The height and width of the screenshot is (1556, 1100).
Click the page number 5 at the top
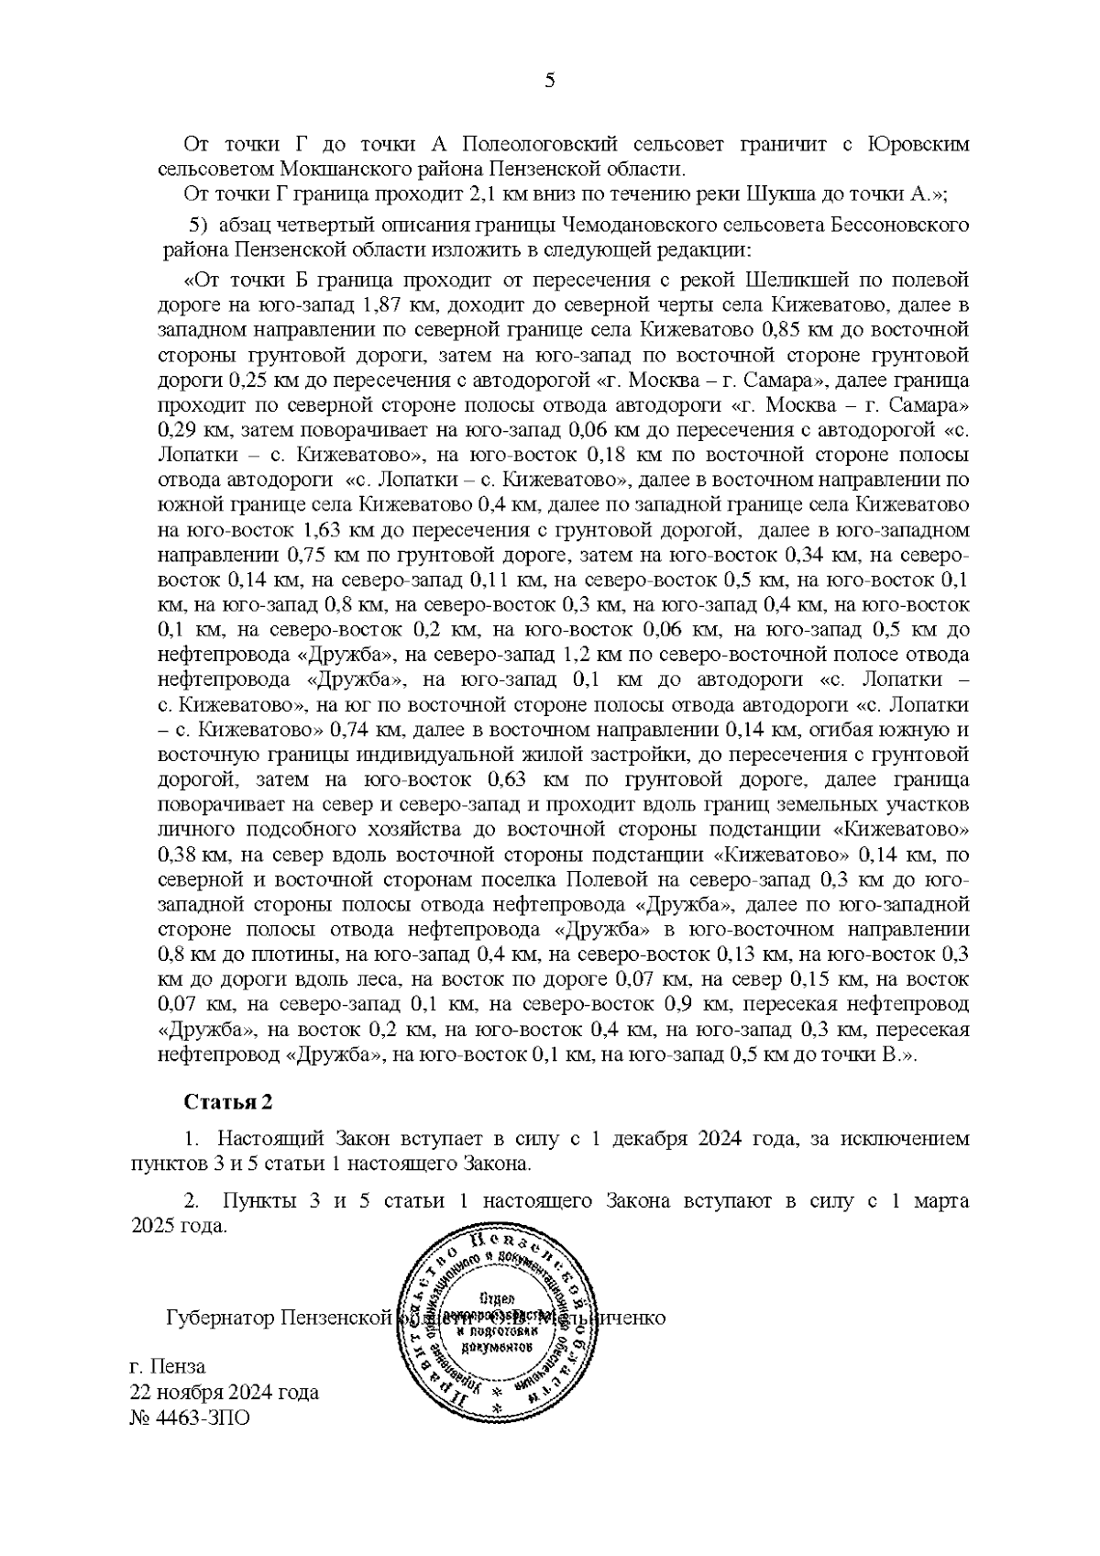[x=549, y=82]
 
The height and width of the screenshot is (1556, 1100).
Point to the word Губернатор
[x=221, y=1319]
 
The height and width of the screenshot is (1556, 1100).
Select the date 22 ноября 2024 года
[x=225, y=1393]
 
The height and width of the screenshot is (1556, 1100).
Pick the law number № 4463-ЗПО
[x=191, y=1418]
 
